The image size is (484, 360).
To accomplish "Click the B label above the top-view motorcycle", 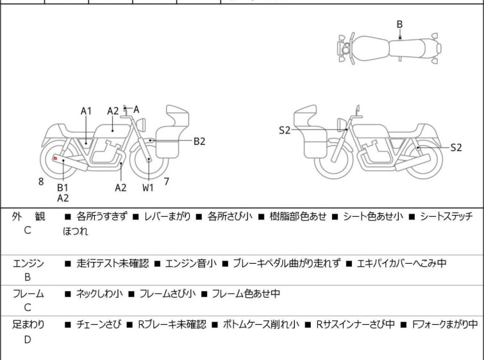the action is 399,24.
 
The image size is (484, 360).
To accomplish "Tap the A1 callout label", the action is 86,111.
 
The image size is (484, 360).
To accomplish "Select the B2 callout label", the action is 199,141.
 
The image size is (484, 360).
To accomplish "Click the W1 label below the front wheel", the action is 148,187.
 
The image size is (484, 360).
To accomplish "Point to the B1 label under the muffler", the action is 63,187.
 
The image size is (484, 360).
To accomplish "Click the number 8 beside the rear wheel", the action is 41,182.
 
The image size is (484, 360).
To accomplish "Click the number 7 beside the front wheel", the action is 167,182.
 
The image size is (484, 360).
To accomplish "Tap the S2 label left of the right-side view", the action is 285,130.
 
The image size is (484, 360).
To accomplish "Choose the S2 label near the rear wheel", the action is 456,148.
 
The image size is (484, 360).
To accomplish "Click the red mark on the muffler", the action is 55,159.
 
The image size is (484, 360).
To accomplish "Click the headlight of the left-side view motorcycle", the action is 141,124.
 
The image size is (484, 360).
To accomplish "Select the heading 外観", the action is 28,216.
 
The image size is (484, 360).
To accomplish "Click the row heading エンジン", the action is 28,264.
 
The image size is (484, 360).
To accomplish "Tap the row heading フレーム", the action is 28,293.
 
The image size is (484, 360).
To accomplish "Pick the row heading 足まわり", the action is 28,325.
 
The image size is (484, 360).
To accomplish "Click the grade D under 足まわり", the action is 28,339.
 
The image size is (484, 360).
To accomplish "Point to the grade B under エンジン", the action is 28,277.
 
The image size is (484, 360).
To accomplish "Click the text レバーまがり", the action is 167,216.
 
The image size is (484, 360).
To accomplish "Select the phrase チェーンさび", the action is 99,325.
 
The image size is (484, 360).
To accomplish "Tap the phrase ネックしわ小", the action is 99,293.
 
